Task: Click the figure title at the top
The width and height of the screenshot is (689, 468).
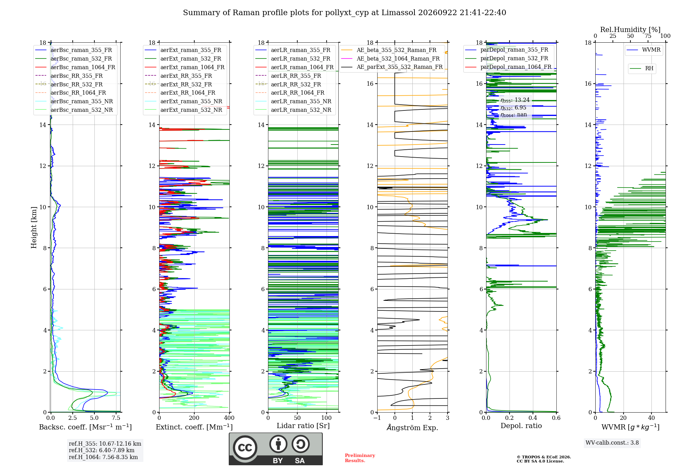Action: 344,13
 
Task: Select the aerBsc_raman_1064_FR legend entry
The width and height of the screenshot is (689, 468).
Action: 75,67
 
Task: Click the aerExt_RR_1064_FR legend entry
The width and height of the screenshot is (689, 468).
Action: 180,93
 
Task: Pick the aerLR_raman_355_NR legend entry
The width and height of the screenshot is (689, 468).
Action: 293,101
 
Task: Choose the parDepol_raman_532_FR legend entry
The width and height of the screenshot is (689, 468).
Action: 506,58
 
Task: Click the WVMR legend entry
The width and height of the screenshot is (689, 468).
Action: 644,50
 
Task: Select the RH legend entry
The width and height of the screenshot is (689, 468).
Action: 642,68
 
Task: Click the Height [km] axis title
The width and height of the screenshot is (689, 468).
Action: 34,227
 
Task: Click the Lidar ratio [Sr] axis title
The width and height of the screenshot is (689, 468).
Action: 303,426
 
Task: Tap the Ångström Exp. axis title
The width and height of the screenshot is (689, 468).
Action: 412,427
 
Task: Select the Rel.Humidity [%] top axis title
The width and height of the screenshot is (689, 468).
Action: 630,30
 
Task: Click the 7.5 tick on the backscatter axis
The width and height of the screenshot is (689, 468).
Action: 116,418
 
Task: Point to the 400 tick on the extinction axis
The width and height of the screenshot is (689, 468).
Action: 229,418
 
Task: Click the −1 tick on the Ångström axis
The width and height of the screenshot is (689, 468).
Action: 377,418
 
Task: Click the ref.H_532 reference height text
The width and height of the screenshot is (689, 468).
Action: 102,450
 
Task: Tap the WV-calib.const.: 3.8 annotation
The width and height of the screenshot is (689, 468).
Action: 612,443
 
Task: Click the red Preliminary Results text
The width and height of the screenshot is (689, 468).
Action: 360,458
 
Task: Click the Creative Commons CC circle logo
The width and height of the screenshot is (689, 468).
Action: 245,448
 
